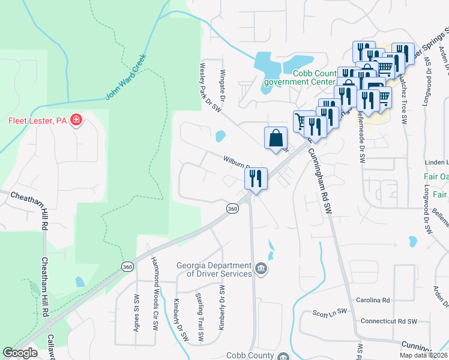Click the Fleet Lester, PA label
pos(37,121)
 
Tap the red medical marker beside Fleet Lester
pos(76,121)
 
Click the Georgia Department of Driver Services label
pos(214,270)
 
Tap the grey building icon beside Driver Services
pos(261,268)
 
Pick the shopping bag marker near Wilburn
pos(276,138)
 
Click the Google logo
pos(20,353)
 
